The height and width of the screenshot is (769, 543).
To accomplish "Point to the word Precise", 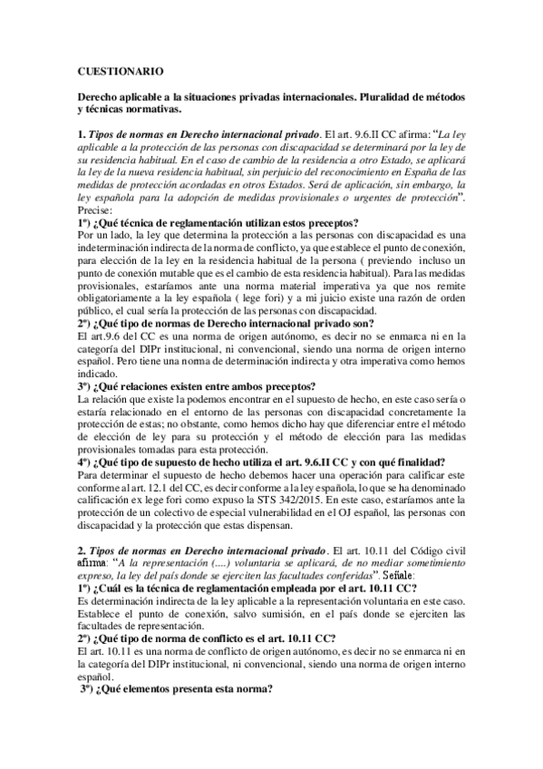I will (93, 206).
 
